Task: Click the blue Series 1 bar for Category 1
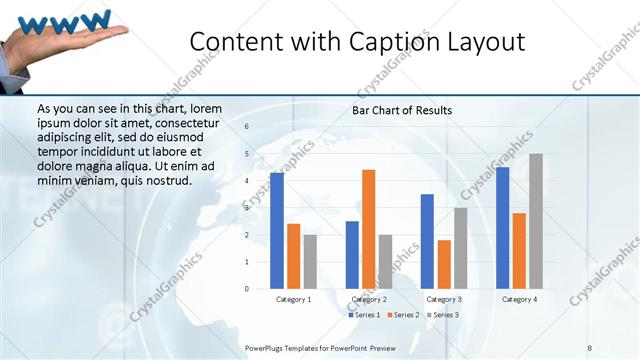(277, 231)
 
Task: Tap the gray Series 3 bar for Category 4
(536, 221)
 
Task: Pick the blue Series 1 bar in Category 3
(427, 241)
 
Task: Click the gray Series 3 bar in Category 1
(310, 262)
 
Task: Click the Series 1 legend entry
(366, 315)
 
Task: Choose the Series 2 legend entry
(402, 315)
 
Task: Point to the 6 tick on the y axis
(247, 127)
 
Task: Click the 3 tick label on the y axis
(247, 208)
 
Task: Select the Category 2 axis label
(369, 300)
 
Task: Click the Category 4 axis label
(519, 300)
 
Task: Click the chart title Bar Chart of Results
(402, 110)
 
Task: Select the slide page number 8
(590, 347)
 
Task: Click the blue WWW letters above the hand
(65, 20)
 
